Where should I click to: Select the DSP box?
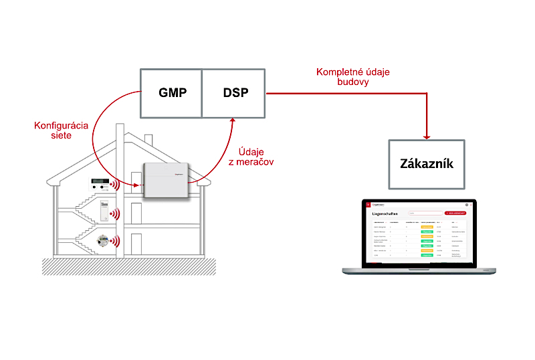235,93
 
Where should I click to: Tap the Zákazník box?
426,163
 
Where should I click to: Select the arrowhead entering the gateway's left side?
138,185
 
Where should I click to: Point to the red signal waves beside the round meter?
116,241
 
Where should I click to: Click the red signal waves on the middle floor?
115,214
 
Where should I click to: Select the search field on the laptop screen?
425,213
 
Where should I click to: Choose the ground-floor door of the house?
136,244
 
